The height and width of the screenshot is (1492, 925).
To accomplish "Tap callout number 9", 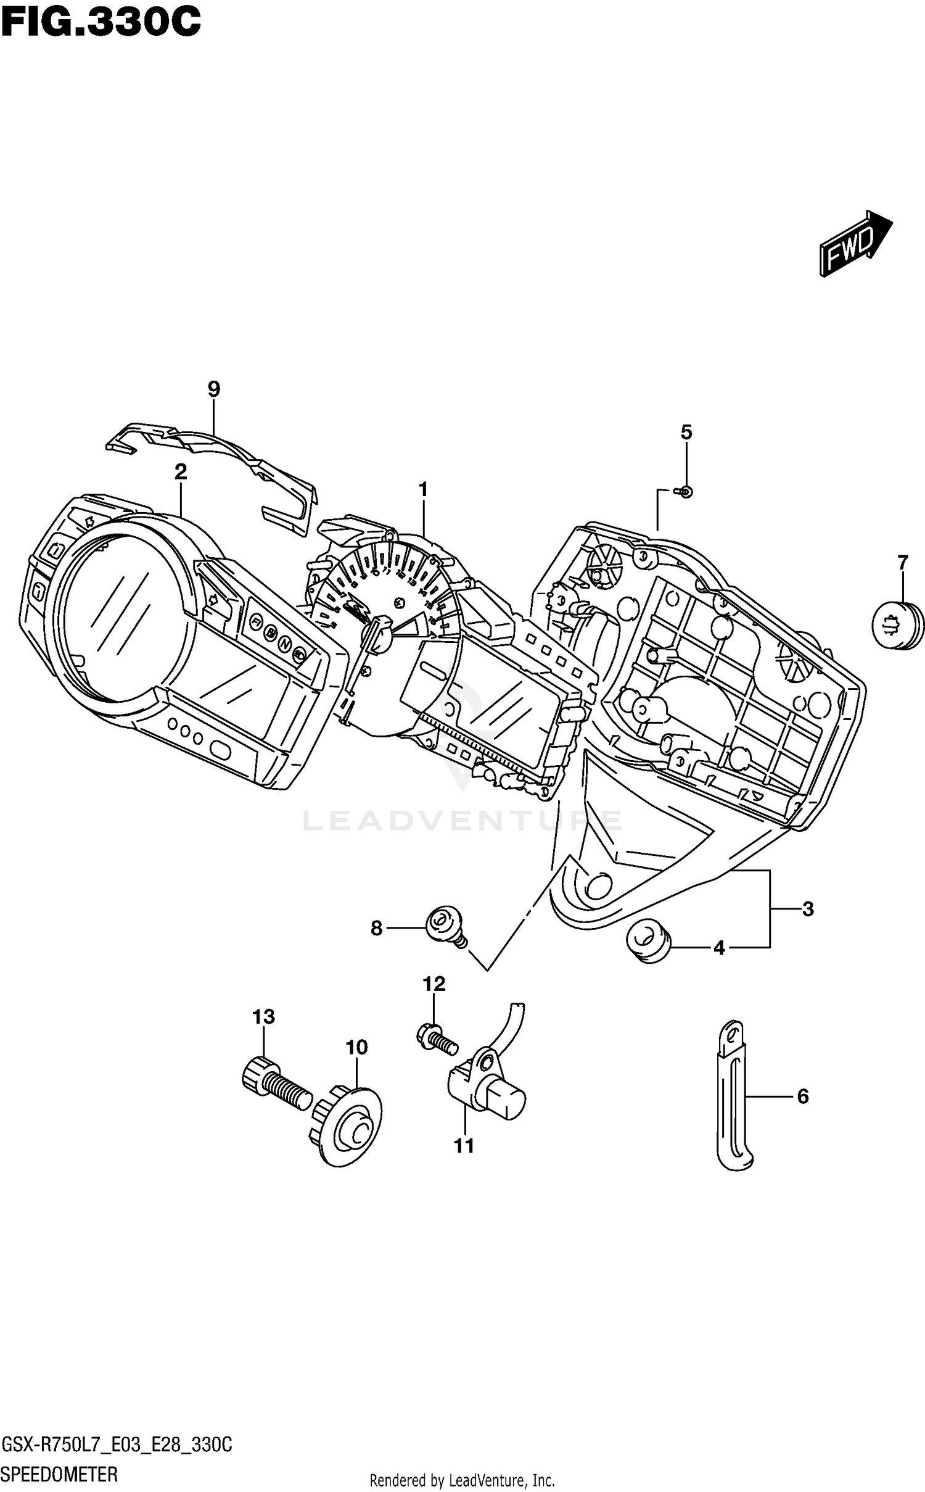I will click(x=213, y=389).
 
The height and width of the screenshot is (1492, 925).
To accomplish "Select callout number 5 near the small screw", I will click(x=686, y=432).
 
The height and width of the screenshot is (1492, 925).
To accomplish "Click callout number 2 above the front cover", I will click(x=180, y=472).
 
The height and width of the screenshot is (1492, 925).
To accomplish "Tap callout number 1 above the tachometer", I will click(x=423, y=490).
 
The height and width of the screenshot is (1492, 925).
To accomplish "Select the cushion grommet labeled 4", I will click(x=647, y=942).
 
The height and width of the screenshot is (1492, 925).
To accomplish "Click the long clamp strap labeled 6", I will click(x=731, y=1098).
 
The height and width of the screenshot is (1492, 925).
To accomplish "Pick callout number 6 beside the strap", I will click(x=802, y=1096).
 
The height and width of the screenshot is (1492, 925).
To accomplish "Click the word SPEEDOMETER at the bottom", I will click(x=60, y=1475).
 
